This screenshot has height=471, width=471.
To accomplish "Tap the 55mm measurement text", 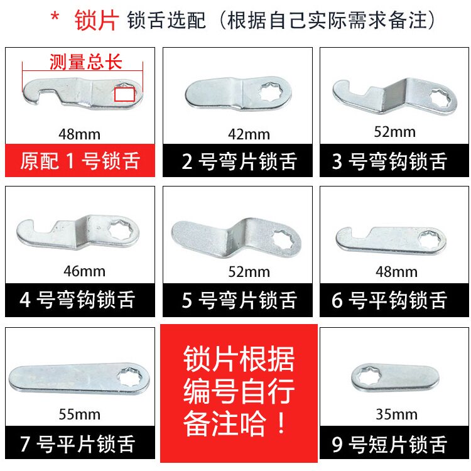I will [79, 414].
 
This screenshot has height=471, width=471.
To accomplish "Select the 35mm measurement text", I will [396, 414].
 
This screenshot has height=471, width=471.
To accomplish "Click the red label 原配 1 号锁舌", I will [80, 161].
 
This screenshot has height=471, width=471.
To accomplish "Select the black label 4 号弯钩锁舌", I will [80, 300].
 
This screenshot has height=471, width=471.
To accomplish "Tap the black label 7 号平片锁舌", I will [80, 444].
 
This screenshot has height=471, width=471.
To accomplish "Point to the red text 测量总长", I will [85, 62].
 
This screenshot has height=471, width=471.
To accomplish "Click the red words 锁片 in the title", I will [96, 20].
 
